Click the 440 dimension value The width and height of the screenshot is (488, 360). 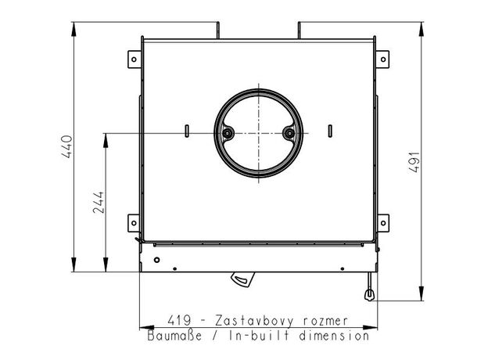(67, 146)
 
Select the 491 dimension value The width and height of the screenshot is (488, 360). (414, 162)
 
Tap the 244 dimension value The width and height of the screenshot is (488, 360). (99, 202)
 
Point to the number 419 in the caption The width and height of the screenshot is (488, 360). (179, 320)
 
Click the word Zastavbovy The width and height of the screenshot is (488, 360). (254, 321)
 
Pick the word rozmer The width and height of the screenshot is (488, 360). (325, 321)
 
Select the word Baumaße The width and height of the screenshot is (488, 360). (174, 336)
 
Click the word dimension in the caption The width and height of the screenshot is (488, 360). (334, 336)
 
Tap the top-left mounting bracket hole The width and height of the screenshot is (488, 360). (134, 59)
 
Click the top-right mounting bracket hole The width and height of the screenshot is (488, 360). (383, 59)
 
